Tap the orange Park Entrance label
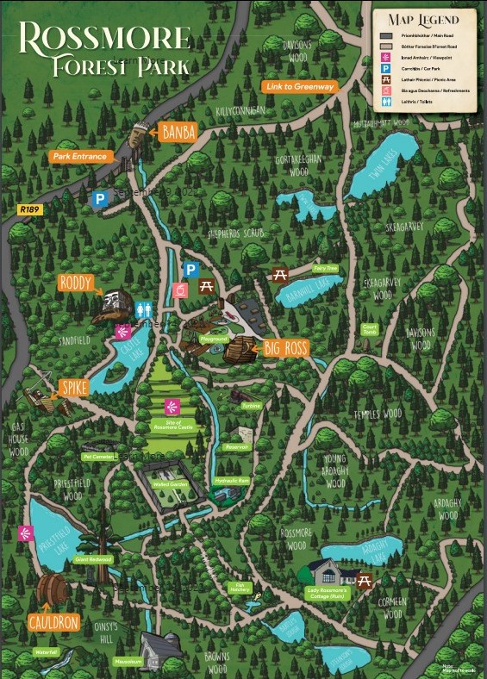(x=78, y=157)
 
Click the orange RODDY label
(x=77, y=283)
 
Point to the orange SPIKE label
(x=74, y=388)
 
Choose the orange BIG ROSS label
(x=285, y=349)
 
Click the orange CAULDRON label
(x=53, y=622)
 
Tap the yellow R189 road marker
(x=29, y=209)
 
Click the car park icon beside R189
(x=100, y=199)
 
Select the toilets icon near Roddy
(x=145, y=308)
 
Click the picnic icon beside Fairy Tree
(x=279, y=275)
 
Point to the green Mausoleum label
(x=127, y=662)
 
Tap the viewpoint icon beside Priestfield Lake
(x=24, y=533)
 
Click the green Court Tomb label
(x=370, y=329)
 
